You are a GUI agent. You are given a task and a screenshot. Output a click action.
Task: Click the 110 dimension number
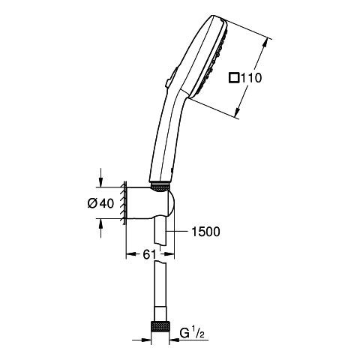click(250, 78)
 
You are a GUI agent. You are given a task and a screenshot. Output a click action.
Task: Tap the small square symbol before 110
click(234, 77)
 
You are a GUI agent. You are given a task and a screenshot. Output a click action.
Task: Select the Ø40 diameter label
click(100, 203)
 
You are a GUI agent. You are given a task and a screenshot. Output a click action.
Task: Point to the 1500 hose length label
click(205, 232)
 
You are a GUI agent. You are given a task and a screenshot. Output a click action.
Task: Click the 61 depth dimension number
click(149, 255)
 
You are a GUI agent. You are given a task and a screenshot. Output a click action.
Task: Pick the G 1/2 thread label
click(192, 333)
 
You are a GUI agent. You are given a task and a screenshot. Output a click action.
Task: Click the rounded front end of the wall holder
click(171, 204)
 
